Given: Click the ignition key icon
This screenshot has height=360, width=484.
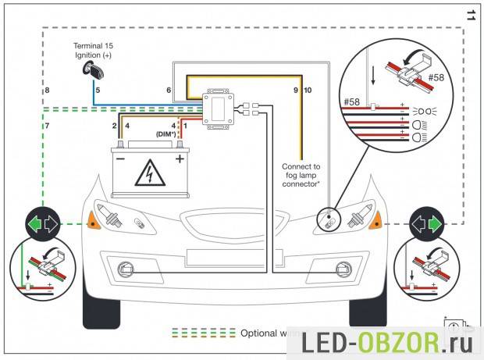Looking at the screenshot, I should point(88,70).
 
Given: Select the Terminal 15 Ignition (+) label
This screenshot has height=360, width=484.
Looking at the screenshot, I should point(93,51).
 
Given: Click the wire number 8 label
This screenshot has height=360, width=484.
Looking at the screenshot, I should point(47,91).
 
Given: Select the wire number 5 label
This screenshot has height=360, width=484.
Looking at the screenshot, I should point(98,91).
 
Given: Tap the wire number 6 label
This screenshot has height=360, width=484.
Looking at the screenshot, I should point(169,91).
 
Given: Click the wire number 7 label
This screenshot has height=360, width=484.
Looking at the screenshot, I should point(47,125).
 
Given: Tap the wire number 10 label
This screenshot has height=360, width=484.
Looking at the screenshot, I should point(307,91).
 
